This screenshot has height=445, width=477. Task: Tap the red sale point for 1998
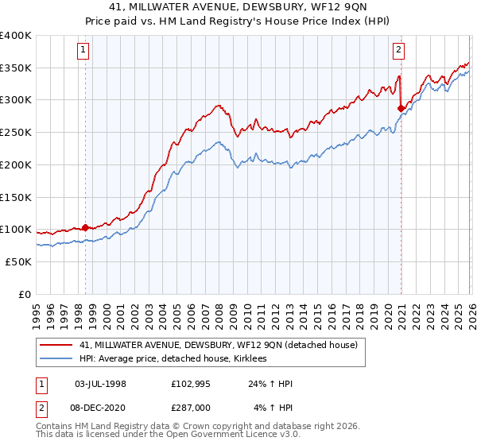[85, 226]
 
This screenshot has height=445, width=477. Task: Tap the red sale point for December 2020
[401, 109]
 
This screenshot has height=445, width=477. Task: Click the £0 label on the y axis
[25, 294]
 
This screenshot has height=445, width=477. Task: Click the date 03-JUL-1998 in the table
[100, 385]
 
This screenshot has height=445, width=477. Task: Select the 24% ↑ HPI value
[270, 385]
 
